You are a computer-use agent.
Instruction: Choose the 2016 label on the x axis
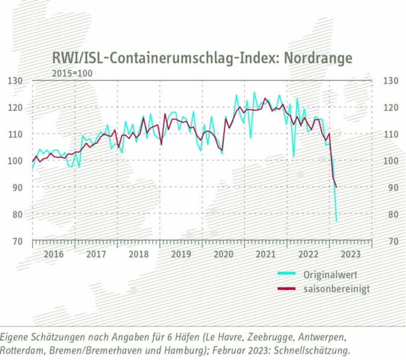(53, 254)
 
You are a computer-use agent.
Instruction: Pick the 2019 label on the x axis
(180, 254)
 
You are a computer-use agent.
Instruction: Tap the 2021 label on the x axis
(266, 254)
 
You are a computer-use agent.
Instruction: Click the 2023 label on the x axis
(351, 254)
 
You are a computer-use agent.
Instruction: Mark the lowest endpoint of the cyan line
(336, 222)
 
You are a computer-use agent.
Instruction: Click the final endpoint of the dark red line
(336, 187)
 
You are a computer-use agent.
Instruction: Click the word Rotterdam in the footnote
(21, 350)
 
